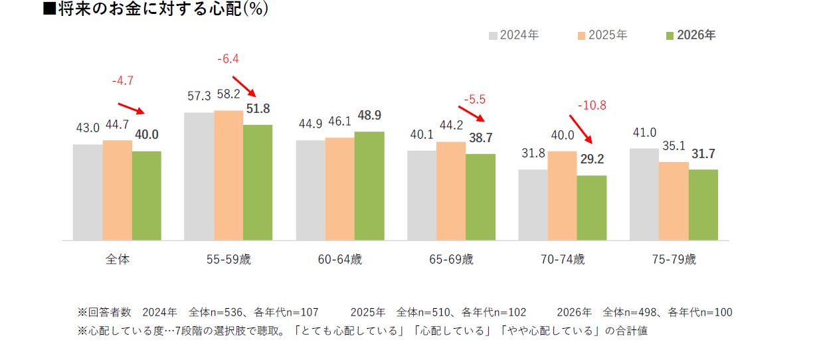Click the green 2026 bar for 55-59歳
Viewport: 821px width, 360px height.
(x=258, y=183)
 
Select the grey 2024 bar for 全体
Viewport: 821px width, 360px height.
(x=88, y=193)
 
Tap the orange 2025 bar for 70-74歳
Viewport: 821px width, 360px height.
(x=562, y=196)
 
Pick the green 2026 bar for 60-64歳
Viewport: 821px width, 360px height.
(x=369, y=186)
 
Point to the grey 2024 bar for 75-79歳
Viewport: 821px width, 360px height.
(x=644, y=195)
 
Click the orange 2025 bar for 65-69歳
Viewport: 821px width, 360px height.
(x=451, y=191)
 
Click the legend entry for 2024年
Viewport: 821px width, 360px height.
(x=514, y=35)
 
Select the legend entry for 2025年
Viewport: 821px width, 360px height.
(x=602, y=35)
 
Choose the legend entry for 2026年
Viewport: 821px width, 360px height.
(x=691, y=35)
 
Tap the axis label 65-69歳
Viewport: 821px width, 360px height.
(x=451, y=260)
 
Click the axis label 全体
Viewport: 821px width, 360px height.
(x=118, y=260)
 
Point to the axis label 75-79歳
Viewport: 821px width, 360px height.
(x=674, y=260)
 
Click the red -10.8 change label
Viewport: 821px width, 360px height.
(x=592, y=106)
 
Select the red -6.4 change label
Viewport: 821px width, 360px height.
(x=228, y=58)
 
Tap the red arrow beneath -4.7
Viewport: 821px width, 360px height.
(x=132, y=109)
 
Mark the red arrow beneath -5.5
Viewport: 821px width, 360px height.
(x=472, y=114)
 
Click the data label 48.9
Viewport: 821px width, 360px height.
(x=369, y=116)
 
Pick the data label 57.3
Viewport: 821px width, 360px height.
(x=199, y=96)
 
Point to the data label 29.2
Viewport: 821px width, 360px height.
(x=592, y=159)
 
